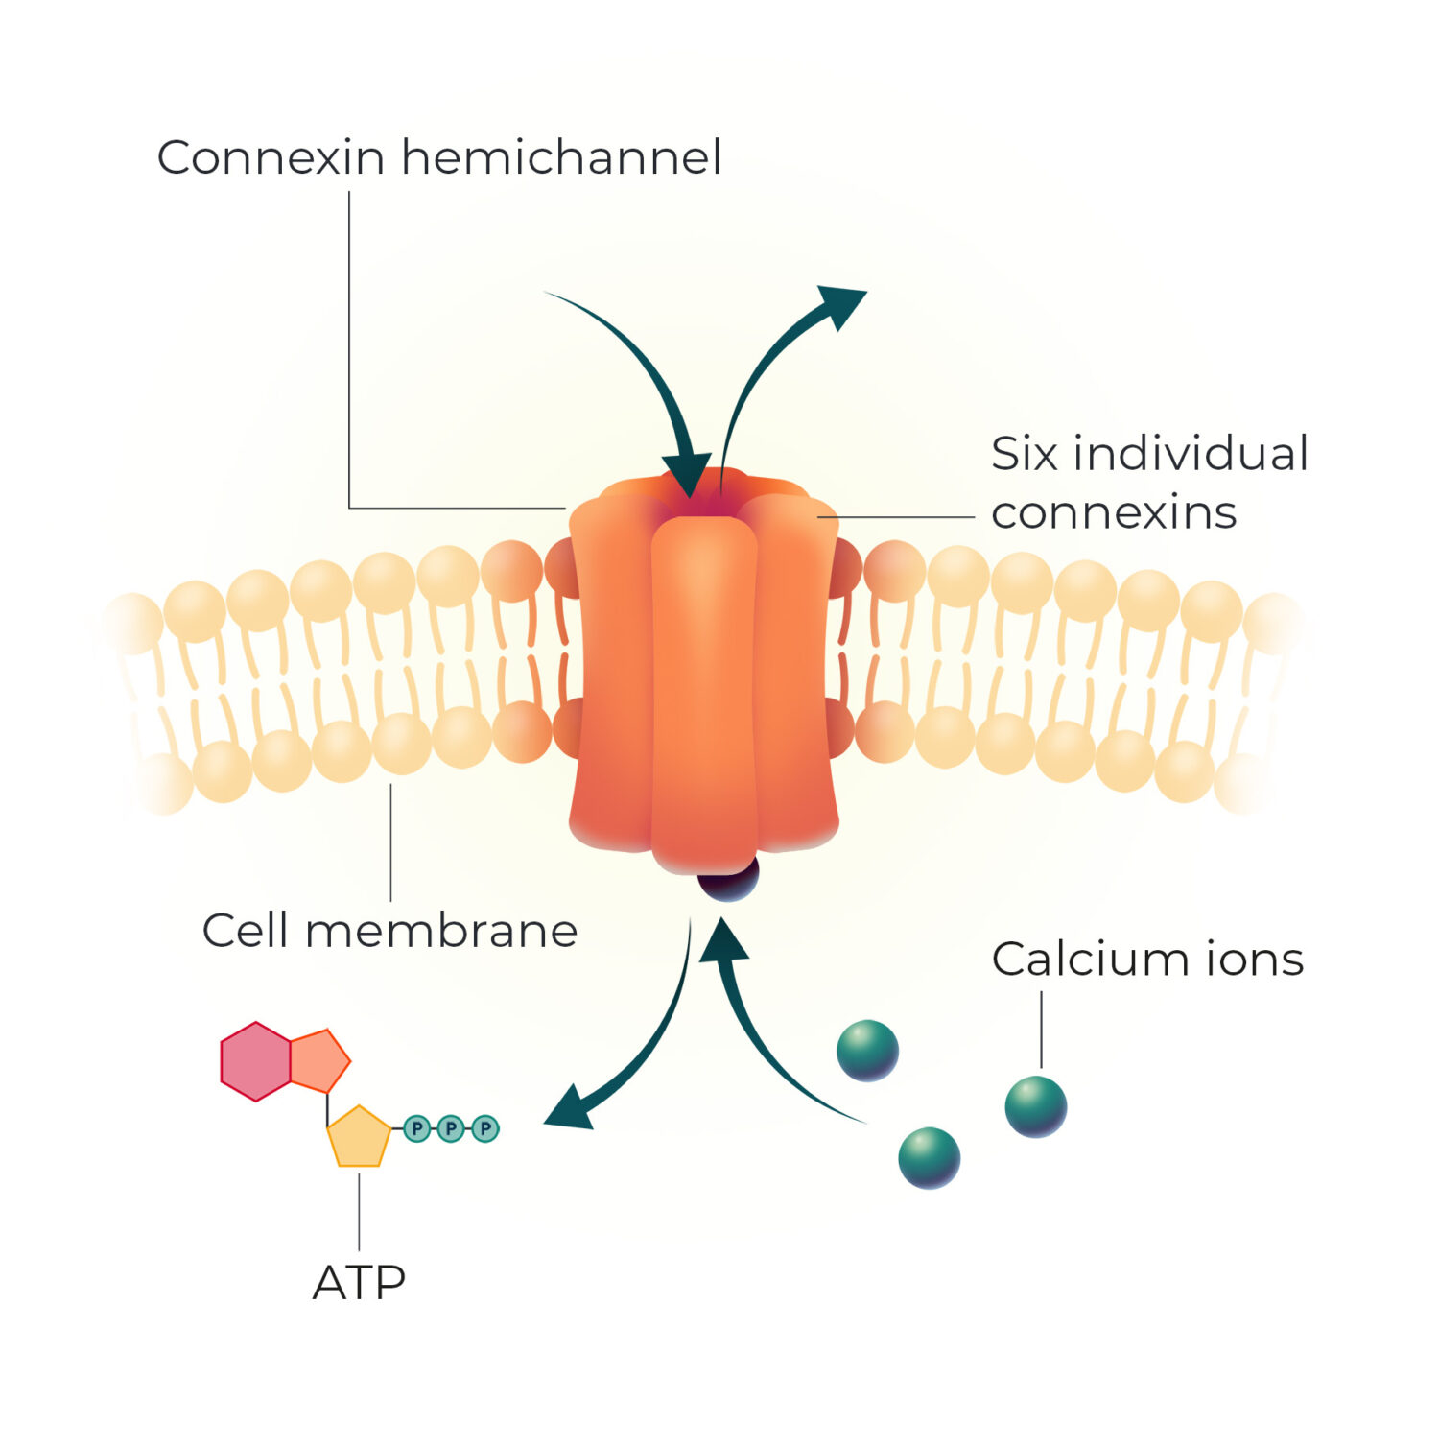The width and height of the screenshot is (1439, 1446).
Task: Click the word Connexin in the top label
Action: pos(271,157)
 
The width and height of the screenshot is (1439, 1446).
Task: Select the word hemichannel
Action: pos(561,157)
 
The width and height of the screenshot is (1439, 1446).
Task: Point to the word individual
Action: pos(1191,454)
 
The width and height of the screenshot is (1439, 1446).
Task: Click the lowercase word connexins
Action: pos(1114,513)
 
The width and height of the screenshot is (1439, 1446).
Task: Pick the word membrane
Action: pos(441,931)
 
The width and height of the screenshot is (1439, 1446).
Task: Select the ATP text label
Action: pos(359,1283)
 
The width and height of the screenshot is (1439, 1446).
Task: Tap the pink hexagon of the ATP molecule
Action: pos(255,1061)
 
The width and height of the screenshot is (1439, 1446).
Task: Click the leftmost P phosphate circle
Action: pos(416,1128)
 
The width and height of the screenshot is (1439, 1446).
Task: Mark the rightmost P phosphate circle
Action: pos(485,1128)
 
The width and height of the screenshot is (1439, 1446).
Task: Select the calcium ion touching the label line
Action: pos(1036,1106)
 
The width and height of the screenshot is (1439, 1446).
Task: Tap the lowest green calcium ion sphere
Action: pos(929,1158)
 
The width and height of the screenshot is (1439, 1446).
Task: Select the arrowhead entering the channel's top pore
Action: pos(687,475)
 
